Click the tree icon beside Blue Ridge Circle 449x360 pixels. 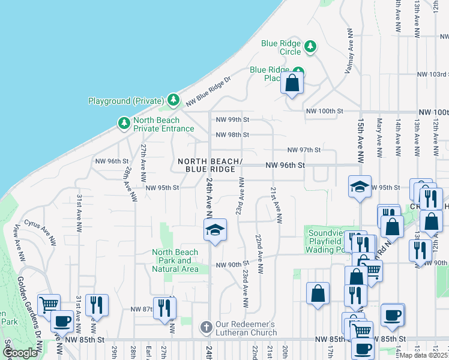[x=310, y=46]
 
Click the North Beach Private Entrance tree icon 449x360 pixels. [x=124, y=123]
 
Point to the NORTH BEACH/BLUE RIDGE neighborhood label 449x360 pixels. [x=210, y=166]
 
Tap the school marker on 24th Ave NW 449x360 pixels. [x=215, y=230]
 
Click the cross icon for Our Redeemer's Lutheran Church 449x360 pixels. [x=206, y=328]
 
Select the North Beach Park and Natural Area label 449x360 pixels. [x=175, y=260]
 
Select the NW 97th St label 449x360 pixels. [x=304, y=149]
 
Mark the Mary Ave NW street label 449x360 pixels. [x=379, y=141]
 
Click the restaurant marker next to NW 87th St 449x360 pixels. [x=164, y=308]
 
